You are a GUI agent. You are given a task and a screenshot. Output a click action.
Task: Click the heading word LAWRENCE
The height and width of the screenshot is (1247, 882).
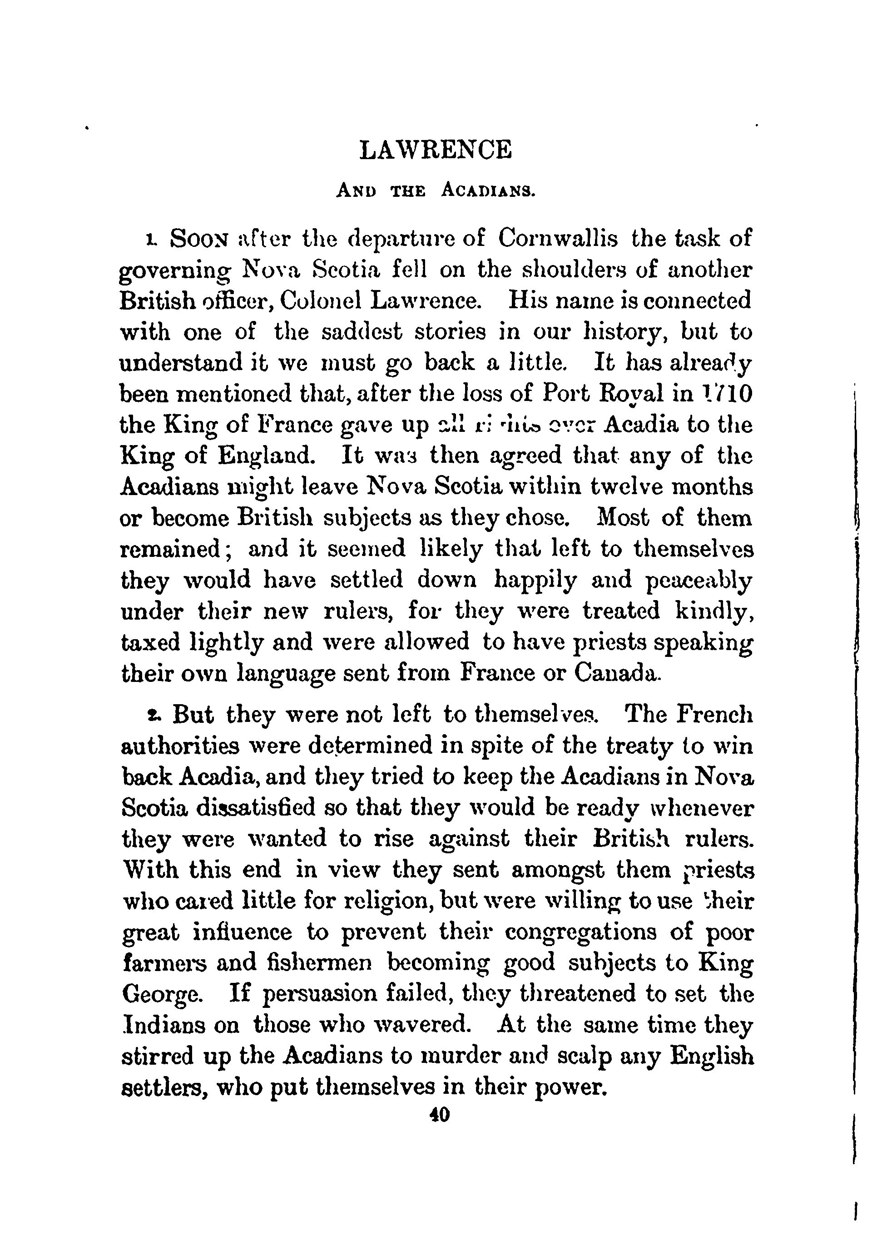pos(436,150)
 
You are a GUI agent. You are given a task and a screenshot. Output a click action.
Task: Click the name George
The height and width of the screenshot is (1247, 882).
pos(163,995)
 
